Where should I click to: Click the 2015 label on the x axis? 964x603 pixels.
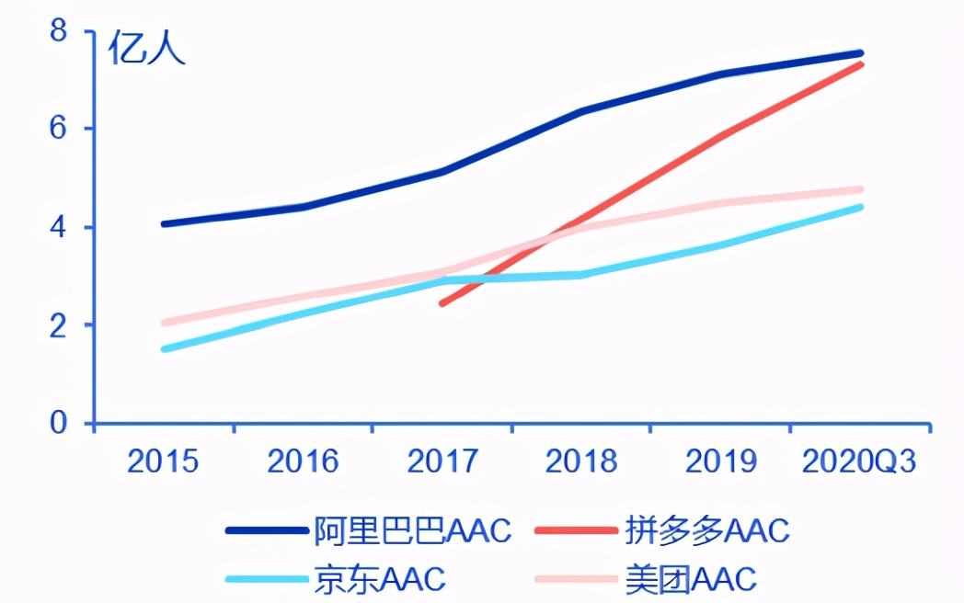tap(163, 461)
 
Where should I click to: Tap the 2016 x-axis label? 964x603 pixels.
tap(303, 461)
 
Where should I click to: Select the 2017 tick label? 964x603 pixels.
tap(442, 461)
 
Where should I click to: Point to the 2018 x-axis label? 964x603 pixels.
tap(581, 461)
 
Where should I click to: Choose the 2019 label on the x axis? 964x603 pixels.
tap(721, 461)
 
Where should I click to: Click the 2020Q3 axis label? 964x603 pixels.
tap(860, 461)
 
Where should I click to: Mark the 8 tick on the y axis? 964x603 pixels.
tap(59, 31)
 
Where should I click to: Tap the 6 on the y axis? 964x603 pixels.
tap(59, 129)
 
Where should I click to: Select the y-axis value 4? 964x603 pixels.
tap(59, 227)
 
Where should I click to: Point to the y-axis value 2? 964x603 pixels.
tap(59, 324)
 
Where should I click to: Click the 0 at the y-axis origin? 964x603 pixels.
tap(59, 423)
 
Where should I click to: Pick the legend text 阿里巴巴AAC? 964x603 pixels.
tap(412, 530)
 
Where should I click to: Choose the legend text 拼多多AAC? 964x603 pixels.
tap(706, 530)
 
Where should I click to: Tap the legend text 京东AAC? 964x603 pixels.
tap(379, 579)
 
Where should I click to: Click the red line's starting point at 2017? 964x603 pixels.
tap(442, 302)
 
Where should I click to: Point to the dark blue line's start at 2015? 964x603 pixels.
tap(164, 223)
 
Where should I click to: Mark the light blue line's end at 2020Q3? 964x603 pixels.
tap(860, 207)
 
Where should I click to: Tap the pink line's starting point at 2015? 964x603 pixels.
tap(164, 323)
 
